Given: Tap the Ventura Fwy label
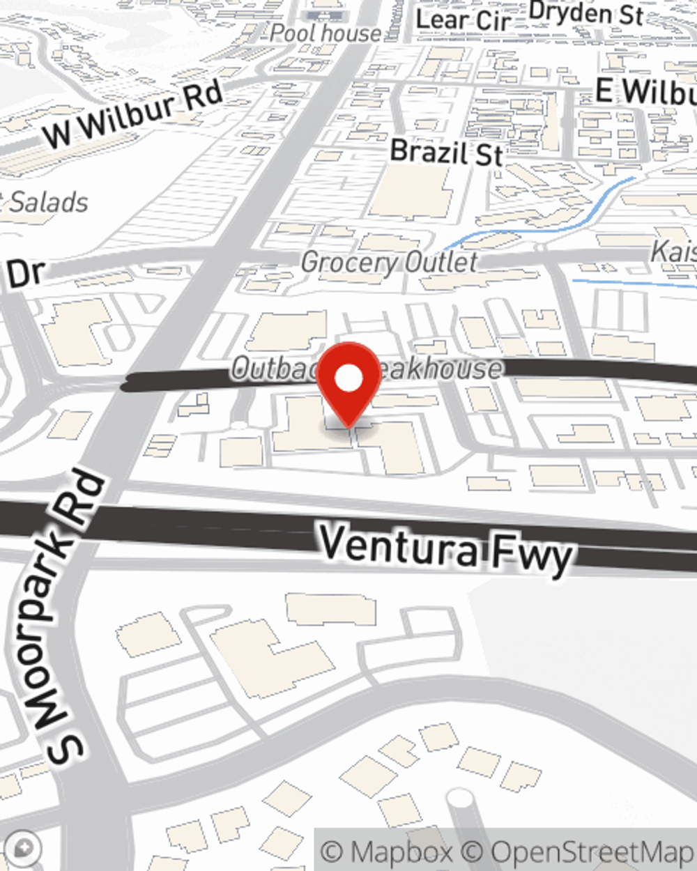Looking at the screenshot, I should [446, 550].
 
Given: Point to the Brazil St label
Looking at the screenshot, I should [446, 153].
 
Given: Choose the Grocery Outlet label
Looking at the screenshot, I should [390, 263].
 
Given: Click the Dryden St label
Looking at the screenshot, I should [585, 13].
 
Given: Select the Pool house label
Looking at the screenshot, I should [325, 33].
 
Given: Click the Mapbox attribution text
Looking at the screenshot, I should [388, 851].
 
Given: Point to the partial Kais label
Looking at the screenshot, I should [673, 252].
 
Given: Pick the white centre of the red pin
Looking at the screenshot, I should [348, 379].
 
